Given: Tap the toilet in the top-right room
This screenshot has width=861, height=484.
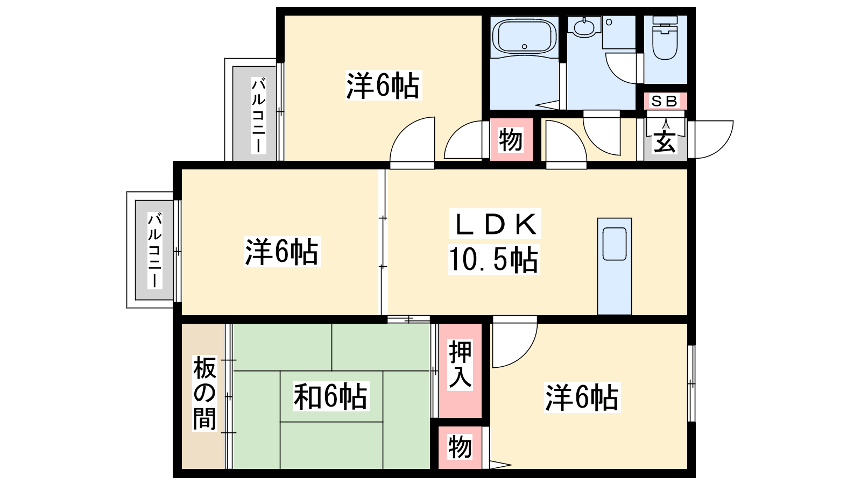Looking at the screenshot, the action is point(665,38).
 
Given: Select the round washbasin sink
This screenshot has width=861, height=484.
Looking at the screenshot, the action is point(584,27).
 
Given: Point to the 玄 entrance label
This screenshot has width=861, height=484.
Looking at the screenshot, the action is point(665,142).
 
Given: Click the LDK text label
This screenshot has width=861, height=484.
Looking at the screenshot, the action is point(495,224).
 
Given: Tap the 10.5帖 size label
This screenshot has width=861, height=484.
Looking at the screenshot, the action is point(493,259).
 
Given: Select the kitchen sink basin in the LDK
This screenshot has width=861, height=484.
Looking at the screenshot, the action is point(614,244).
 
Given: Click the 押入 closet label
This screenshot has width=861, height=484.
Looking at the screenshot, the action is point(460,365).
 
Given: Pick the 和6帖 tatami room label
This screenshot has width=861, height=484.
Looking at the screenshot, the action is point(330,396).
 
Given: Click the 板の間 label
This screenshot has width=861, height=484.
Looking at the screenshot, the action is point(204,393).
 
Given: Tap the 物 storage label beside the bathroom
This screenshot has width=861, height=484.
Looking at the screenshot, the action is point(511,140).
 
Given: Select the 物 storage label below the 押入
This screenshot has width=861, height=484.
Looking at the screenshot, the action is point(460,447).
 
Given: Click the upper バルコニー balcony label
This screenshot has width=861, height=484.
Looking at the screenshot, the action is point(258,115).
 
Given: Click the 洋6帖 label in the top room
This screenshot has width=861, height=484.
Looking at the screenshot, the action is point(383,86).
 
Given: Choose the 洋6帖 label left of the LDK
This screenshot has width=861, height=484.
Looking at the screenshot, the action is point(282,252).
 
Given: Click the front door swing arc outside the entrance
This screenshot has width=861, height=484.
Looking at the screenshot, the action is point(714,139).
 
